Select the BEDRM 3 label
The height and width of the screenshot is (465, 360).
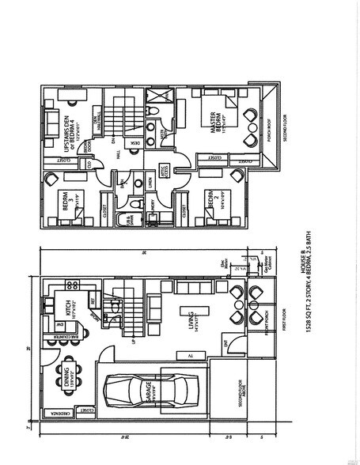tap(65, 204)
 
